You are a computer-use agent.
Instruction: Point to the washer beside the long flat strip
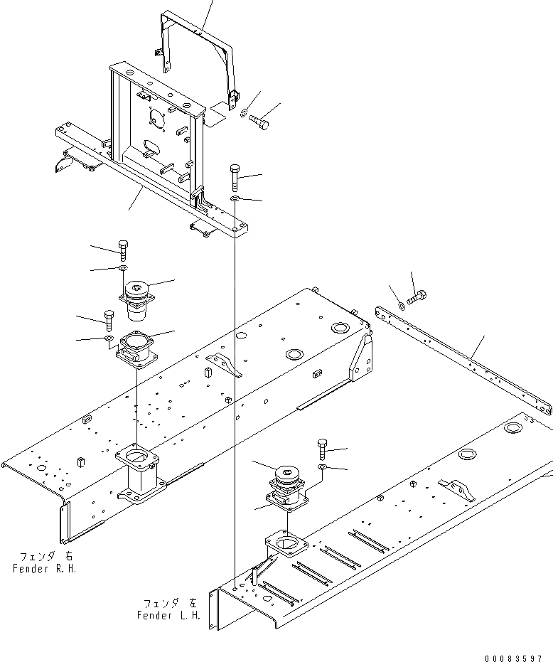[403, 306]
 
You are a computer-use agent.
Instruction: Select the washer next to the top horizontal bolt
[244, 112]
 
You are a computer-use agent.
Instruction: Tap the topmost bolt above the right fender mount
[122, 250]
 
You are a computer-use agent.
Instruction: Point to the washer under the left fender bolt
[322, 466]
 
